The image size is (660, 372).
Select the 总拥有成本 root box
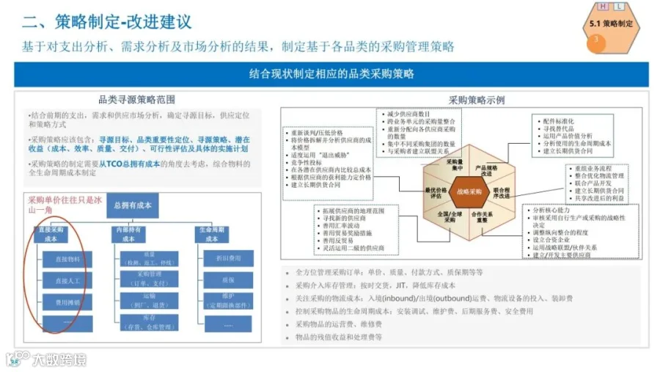(x=133, y=205)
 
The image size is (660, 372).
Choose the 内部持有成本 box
(x=129, y=234)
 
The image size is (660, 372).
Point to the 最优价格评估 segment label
(x=436, y=193)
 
